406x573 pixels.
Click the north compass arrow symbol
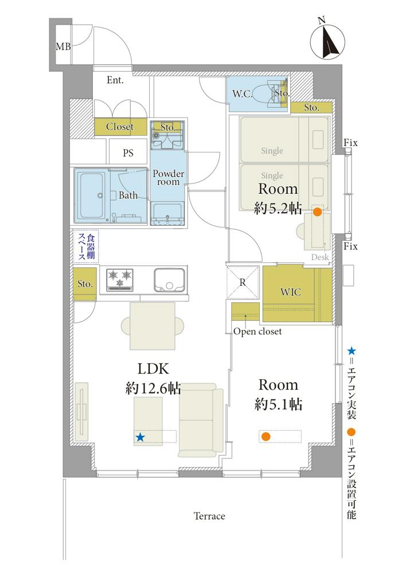click(327, 41)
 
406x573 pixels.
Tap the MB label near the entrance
click(63, 46)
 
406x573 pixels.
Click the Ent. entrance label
click(115, 80)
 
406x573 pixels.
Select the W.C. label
click(242, 93)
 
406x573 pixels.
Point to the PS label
click(128, 153)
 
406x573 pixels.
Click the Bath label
click(128, 195)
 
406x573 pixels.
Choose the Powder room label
click(168, 178)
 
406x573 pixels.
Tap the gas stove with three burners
click(120, 280)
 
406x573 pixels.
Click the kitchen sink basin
click(169, 280)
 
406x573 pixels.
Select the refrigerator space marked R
click(243, 283)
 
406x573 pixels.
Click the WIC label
click(291, 292)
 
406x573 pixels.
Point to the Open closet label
click(257, 331)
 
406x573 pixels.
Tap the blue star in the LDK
click(140, 437)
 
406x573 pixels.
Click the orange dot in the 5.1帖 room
click(266, 436)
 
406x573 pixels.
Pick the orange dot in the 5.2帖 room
click(318, 212)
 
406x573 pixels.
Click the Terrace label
click(209, 516)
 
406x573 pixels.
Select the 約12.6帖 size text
click(153, 388)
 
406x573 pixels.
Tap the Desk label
click(320, 257)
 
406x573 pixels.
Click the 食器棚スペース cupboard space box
click(85, 246)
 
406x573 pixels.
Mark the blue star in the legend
click(351, 352)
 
